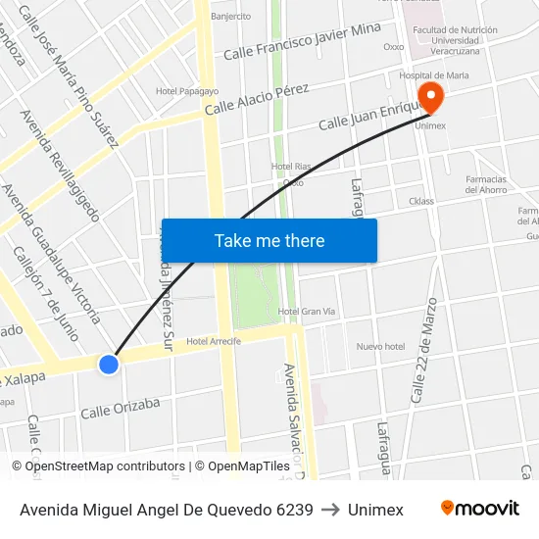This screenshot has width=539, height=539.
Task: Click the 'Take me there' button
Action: pos(269,240)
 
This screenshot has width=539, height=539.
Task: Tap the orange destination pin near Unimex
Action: pos(429,96)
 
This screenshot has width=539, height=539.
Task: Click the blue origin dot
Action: pos(109,365)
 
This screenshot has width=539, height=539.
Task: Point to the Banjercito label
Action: pos(231,16)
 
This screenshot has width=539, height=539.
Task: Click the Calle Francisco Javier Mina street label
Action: pos(302,41)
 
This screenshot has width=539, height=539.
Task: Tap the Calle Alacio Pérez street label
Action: pos(257,99)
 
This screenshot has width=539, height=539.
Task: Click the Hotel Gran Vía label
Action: pos(306,312)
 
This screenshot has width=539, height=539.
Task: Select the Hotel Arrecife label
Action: pos(214,341)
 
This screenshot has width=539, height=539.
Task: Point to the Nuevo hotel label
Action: pos(380,346)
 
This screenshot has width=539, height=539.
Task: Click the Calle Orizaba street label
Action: pos(120,407)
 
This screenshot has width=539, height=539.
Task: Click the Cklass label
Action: pos(421,202)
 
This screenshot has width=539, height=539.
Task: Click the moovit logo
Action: pos(480,509)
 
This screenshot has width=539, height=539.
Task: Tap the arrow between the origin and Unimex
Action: pos(330,510)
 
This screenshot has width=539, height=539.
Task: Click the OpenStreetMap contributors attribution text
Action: pos(98,466)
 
